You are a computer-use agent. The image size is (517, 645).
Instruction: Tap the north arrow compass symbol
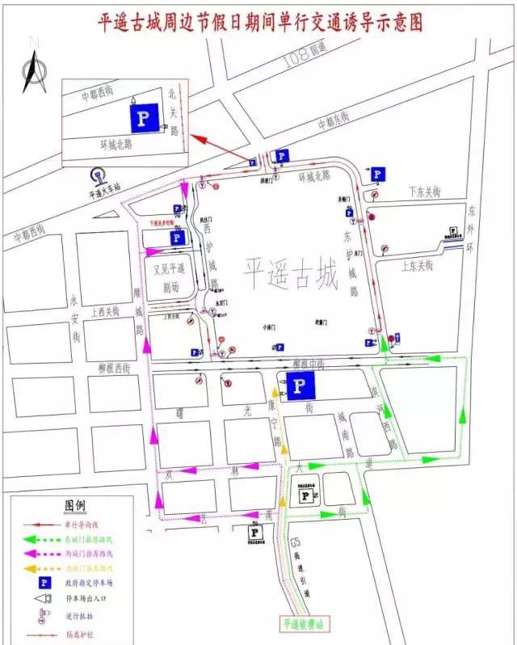[x=33, y=71]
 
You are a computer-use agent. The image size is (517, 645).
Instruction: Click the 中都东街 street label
[x=334, y=121]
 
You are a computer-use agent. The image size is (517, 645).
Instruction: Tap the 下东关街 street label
[x=423, y=192]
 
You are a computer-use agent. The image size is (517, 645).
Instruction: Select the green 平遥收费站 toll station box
[x=307, y=625]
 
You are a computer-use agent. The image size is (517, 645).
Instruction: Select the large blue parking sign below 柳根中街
[x=299, y=385]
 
